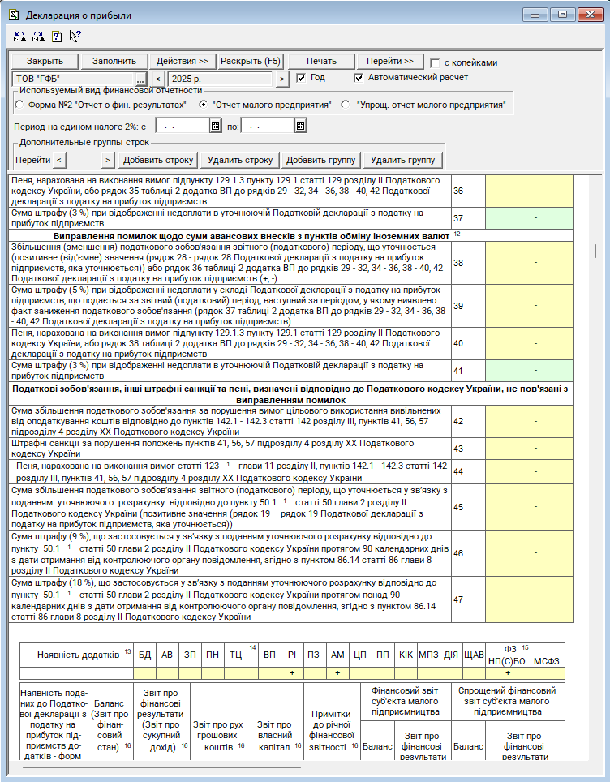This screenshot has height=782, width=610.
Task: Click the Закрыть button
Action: pos(45,61)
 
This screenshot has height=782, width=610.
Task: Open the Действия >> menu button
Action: pos(182,61)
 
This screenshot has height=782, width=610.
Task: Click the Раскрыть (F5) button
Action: pos(251,61)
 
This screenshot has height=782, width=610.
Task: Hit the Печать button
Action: pos(321,61)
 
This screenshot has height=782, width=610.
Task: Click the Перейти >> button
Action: pos(389,61)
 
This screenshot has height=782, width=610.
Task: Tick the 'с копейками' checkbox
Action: pos(436,62)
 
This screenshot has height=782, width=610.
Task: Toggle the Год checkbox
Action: pos(301,78)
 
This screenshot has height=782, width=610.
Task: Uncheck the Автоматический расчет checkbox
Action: pos(359,78)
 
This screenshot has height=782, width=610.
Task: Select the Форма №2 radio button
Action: pos(19,105)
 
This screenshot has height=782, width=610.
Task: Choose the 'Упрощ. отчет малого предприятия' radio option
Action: pos(346,105)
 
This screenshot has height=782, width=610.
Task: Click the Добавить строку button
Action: pos(159,160)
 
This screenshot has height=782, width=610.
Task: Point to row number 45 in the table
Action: pos(458,507)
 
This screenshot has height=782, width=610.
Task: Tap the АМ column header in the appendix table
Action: pos(337,654)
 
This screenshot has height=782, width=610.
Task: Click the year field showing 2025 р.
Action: pos(221,79)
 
